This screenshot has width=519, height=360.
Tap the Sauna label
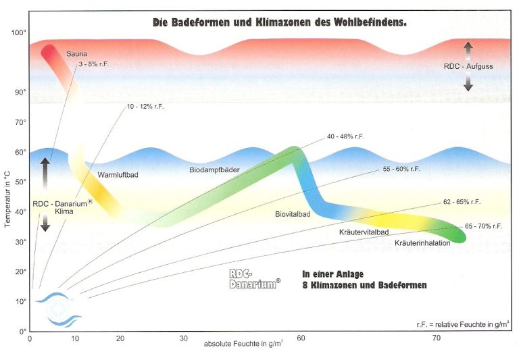coord(76,53)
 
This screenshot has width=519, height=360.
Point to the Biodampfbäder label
coord(215,170)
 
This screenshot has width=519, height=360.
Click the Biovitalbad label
coord(293,214)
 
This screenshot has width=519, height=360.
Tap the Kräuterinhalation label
coord(422,243)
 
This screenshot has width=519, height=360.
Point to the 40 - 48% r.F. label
coord(345,136)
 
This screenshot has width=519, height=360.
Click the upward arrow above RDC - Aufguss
coord(468,49)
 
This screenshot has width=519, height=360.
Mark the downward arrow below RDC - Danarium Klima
coord(45,224)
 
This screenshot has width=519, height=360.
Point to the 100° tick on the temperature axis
coord(18,32)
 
